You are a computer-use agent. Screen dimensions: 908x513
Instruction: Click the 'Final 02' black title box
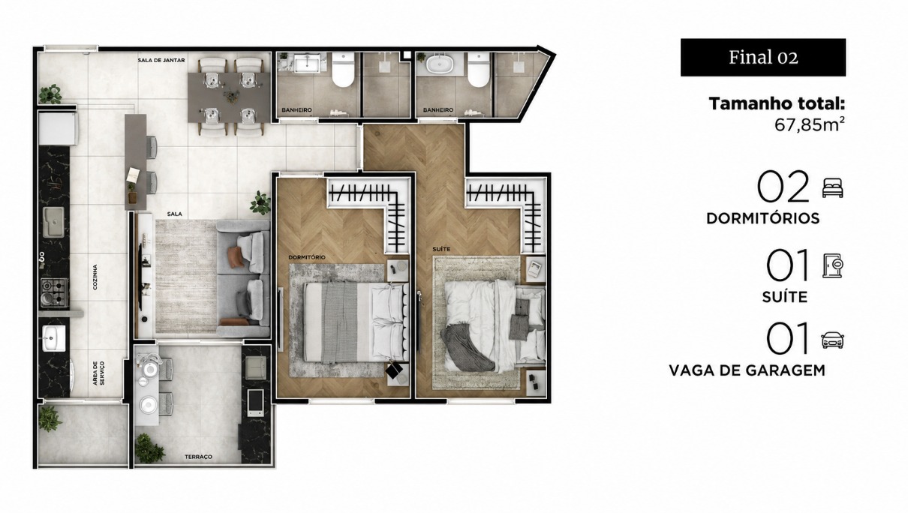pos(763,57)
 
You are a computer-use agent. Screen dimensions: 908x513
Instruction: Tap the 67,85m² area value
pos(810,124)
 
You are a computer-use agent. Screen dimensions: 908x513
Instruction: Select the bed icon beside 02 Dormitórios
pos(833,188)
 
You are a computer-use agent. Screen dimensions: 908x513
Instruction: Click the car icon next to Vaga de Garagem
pos(833,340)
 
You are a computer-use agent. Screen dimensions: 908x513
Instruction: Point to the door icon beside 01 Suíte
pos(833,265)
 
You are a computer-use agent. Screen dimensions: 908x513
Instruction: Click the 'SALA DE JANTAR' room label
pos(161,61)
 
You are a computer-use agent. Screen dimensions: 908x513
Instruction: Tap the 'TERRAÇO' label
pos(199,457)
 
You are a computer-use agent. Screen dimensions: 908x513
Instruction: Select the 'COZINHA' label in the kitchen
pos(95,277)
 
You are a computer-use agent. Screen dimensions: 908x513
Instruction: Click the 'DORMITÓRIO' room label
pos(307,257)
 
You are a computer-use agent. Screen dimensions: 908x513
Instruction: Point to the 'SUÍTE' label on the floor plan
pos(441,249)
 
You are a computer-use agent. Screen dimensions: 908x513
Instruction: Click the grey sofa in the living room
pos(243,279)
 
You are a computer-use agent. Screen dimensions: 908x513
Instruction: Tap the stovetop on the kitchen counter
pos(54,292)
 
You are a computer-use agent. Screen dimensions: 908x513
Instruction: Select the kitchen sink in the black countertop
pos(53,222)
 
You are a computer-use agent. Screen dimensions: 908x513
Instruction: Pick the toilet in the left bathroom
pos(343,69)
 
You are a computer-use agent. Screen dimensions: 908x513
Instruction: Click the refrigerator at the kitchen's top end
pos(58,128)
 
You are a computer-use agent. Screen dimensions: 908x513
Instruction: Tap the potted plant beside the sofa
pos(260,202)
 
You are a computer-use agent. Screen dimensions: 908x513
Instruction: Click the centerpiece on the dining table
pos(231,97)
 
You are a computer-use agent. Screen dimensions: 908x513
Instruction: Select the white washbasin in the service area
pos(54,337)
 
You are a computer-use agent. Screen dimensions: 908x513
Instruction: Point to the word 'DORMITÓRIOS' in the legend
pos(763,218)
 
